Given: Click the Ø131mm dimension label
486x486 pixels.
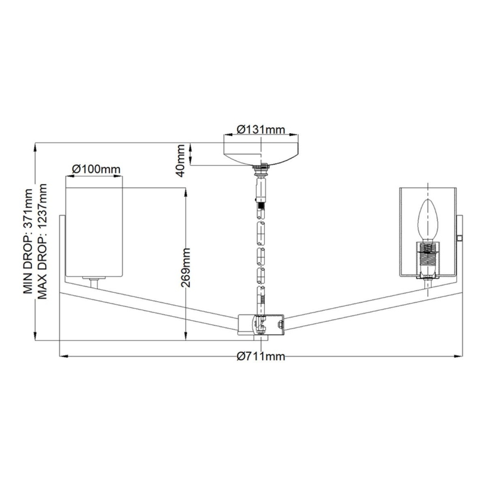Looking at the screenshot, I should click(260, 129).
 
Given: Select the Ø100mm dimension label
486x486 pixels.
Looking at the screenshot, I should click(96, 169).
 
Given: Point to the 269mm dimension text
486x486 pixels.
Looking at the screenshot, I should click(188, 268).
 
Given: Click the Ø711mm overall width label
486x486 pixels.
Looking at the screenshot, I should click(261, 357).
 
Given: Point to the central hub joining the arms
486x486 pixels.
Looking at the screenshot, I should click(261, 324).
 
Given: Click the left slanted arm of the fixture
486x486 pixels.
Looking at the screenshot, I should click(151, 305).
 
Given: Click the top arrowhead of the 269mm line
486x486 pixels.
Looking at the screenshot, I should click(185, 191).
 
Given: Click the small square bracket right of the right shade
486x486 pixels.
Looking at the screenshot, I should click(460, 238).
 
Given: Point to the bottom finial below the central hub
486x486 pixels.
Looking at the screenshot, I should click(261, 337).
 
